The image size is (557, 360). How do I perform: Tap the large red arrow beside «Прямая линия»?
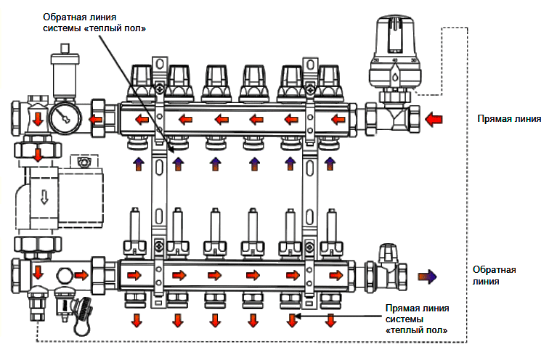pyautogui.click(x=434, y=118)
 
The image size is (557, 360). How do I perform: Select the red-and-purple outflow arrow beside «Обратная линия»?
pyautogui.click(x=426, y=276)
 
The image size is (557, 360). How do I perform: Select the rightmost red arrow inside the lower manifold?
pyautogui.click(x=336, y=276)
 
